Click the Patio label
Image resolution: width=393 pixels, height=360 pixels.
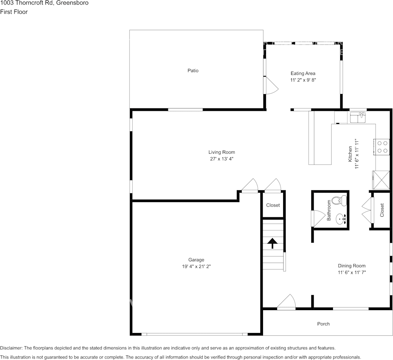click(193, 70)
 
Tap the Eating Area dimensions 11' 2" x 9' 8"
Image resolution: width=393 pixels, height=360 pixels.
click(303, 80)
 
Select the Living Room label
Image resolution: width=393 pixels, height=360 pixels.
click(221, 152)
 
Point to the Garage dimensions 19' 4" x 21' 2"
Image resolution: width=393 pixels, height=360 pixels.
click(196, 266)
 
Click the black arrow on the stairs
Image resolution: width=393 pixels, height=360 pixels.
click(273, 243)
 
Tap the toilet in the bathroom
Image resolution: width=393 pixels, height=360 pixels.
click(337, 200)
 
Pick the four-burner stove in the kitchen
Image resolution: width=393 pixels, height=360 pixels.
click(382, 147)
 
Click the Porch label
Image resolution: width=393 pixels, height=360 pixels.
click(323, 324)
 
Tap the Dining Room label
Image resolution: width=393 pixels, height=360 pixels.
click(352, 266)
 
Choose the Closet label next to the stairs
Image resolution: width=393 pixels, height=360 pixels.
click(273, 205)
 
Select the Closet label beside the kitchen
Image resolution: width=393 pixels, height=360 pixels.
click(382, 210)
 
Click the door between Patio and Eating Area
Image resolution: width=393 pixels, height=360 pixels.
click(271, 85)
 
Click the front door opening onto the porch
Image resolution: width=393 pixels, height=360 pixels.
click(286, 303)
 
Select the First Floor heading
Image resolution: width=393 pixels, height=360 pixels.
click(14, 12)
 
